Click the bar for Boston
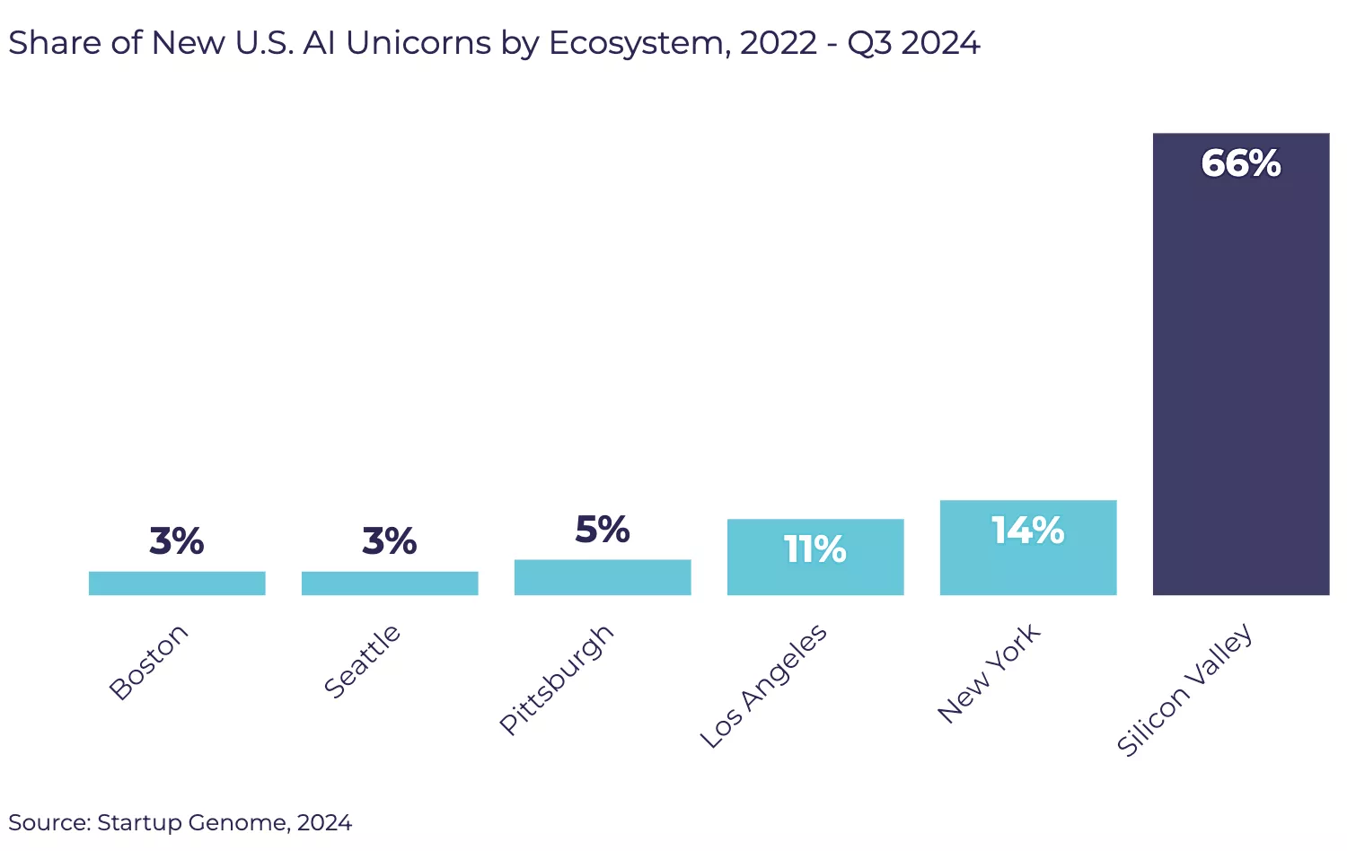point(177,583)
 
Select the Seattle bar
point(390,583)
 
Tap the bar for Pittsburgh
point(603,577)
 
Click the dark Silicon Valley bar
point(1241,377)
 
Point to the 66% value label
point(1241,163)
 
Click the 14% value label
point(1028,531)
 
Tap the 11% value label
point(815,549)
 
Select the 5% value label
point(603,530)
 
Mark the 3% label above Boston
point(177,541)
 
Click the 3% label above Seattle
point(390,541)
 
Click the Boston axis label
point(148,662)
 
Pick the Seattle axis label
point(362,662)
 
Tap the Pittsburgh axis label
point(557,680)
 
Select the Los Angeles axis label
point(763,686)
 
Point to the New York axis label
point(988,673)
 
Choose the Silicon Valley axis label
point(1184,690)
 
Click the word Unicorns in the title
point(418,43)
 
